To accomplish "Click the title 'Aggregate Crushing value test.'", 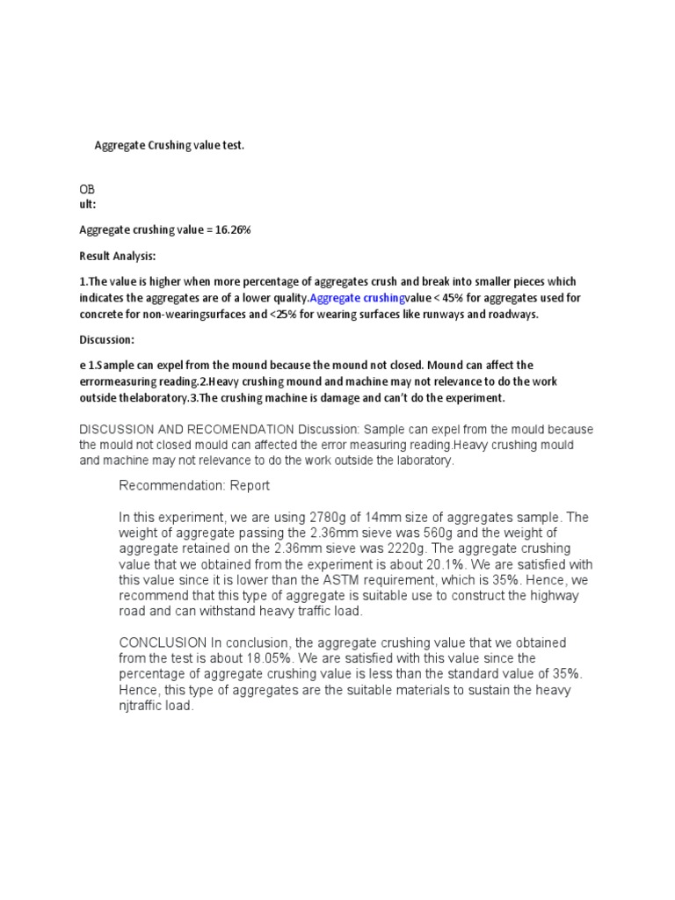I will tap(169, 145).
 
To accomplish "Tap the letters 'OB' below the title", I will tap(87, 189).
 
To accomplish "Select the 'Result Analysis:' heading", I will tap(118, 256).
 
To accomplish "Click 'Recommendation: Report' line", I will tap(194, 485).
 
